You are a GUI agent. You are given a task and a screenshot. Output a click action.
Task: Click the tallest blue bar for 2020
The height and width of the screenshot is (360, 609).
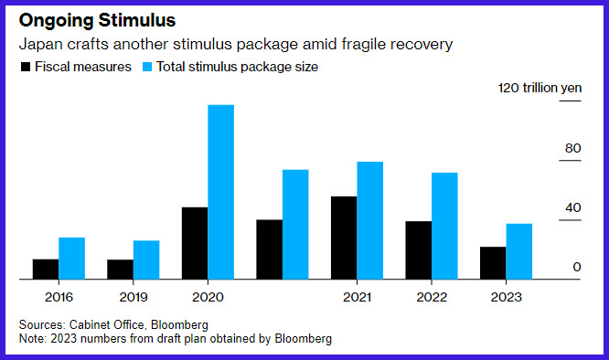(221, 192)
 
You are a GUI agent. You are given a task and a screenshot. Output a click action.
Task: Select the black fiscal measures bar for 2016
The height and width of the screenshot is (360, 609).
(46, 270)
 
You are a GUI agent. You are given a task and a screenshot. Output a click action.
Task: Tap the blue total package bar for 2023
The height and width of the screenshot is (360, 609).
(519, 251)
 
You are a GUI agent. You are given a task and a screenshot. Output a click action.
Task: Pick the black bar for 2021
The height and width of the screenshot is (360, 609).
(344, 238)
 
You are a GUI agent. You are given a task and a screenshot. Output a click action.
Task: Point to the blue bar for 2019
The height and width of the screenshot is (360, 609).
(146, 259)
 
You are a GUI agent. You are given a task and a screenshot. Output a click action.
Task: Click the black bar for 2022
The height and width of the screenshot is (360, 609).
(419, 250)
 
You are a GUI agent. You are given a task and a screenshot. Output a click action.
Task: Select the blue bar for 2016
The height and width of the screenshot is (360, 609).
(72, 259)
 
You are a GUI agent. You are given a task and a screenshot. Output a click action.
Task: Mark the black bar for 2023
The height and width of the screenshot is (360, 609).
(493, 263)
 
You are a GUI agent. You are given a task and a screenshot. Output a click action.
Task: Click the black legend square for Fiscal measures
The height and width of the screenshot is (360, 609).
(26, 67)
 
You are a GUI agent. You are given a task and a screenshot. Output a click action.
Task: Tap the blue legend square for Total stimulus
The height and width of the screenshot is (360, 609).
(147, 67)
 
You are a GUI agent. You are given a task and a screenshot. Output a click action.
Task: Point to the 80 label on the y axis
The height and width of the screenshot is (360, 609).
(572, 148)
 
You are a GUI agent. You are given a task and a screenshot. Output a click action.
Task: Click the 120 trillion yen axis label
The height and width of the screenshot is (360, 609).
(540, 88)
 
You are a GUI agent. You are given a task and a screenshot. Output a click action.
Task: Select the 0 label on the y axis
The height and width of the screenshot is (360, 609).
(577, 267)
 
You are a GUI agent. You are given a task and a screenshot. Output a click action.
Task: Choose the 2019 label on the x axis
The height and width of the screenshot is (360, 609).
(134, 297)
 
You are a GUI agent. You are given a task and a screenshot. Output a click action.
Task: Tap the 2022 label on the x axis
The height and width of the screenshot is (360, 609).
(432, 297)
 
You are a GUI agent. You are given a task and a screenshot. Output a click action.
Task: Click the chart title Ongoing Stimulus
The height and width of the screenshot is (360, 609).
(97, 20)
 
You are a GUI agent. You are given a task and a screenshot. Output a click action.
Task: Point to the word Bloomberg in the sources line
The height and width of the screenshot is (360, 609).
(179, 324)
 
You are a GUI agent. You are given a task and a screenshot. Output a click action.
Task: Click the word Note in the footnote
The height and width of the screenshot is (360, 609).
(33, 339)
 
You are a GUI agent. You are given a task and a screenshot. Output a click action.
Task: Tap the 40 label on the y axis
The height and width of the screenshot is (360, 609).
(572, 208)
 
